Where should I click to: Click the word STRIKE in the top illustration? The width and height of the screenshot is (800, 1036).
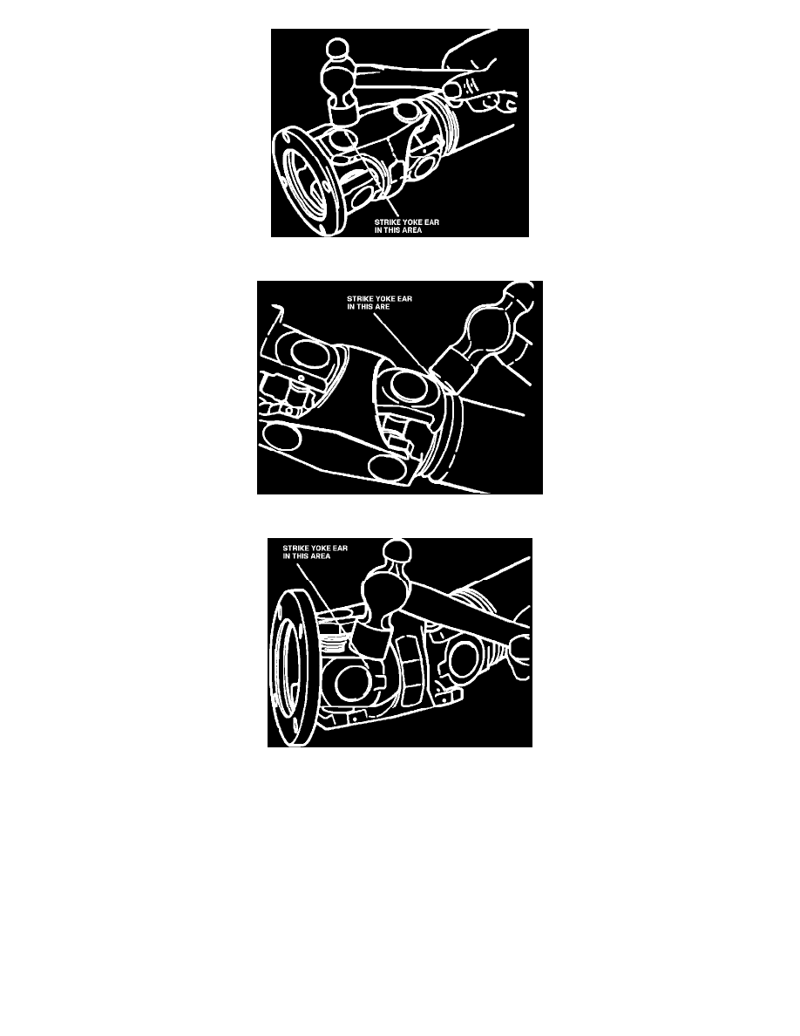point(387,222)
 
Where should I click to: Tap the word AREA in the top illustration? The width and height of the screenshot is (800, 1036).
point(410,230)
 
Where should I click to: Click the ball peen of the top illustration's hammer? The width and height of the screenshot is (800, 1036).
point(337,48)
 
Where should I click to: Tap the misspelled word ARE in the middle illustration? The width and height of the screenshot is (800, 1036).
point(383,307)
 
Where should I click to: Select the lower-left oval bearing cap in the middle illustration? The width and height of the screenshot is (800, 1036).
point(281,436)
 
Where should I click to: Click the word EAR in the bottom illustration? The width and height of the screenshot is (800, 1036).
point(339,548)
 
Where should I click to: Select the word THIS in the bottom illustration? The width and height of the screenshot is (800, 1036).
point(301,555)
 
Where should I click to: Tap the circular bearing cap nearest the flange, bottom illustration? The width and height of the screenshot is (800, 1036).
point(350,683)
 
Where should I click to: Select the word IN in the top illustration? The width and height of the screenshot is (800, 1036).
point(378,230)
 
